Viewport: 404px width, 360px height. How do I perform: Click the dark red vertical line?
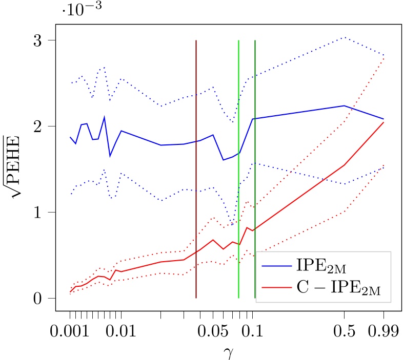click(x=196, y=154)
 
